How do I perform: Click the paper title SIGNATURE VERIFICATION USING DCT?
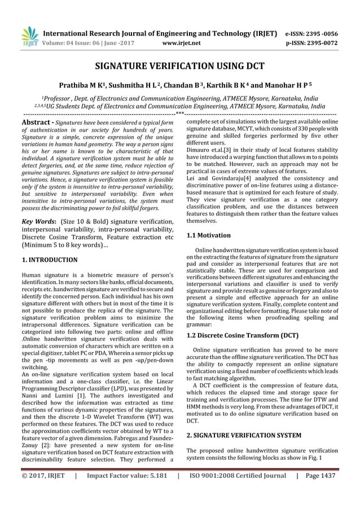(179, 65)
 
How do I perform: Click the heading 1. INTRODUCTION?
(49, 260)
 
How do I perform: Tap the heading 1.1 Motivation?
(208, 235)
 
